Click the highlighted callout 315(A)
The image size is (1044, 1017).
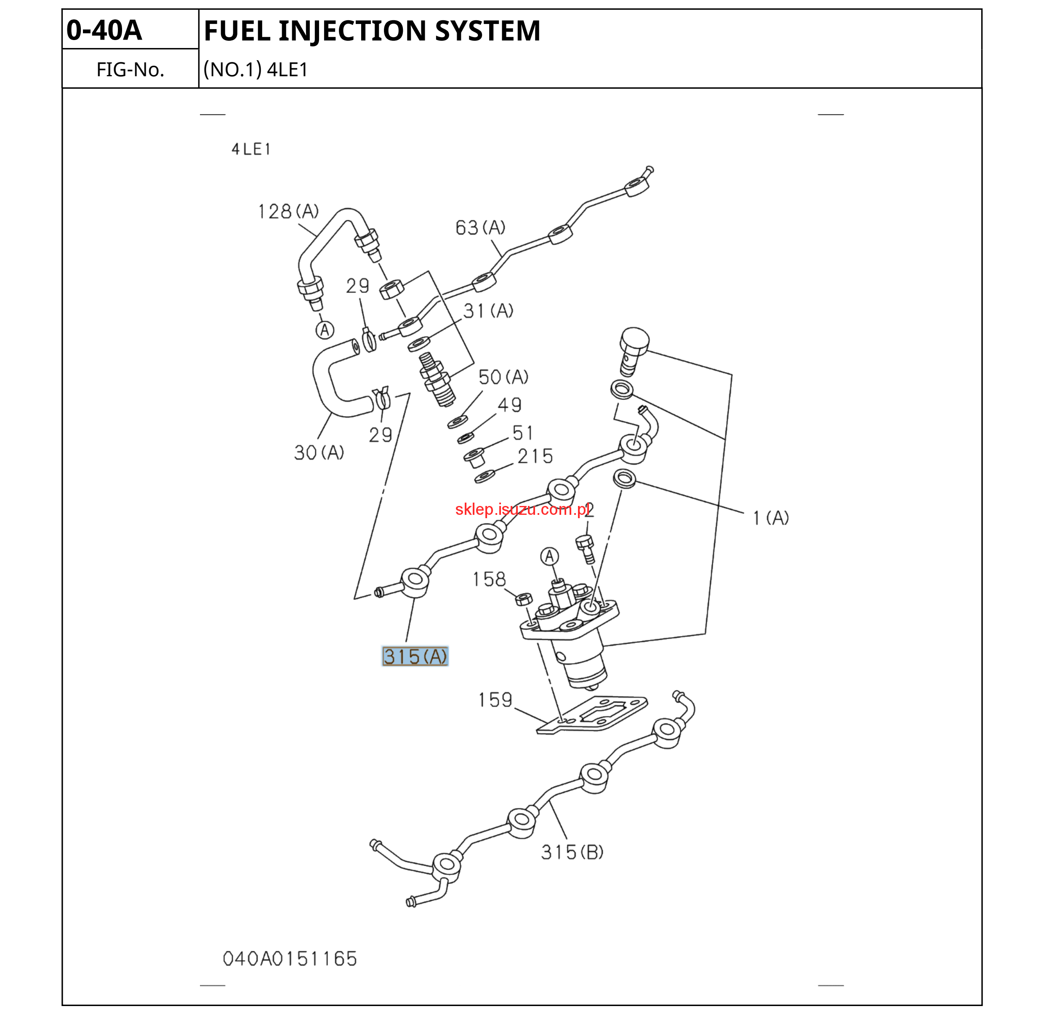tap(415, 656)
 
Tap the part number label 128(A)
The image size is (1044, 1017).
tap(288, 211)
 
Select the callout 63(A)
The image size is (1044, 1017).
tap(480, 227)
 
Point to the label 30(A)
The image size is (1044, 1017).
tap(319, 452)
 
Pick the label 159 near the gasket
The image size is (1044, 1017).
tap(495, 700)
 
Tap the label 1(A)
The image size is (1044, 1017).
tap(770, 518)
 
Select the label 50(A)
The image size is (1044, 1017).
tap(503, 377)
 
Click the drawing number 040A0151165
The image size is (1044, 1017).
tap(290, 959)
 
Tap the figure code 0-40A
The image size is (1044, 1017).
tap(104, 30)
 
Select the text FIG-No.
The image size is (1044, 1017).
tap(130, 70)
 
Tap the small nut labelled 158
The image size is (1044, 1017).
tap(524, 598)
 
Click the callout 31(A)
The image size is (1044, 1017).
tap(488, 310)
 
